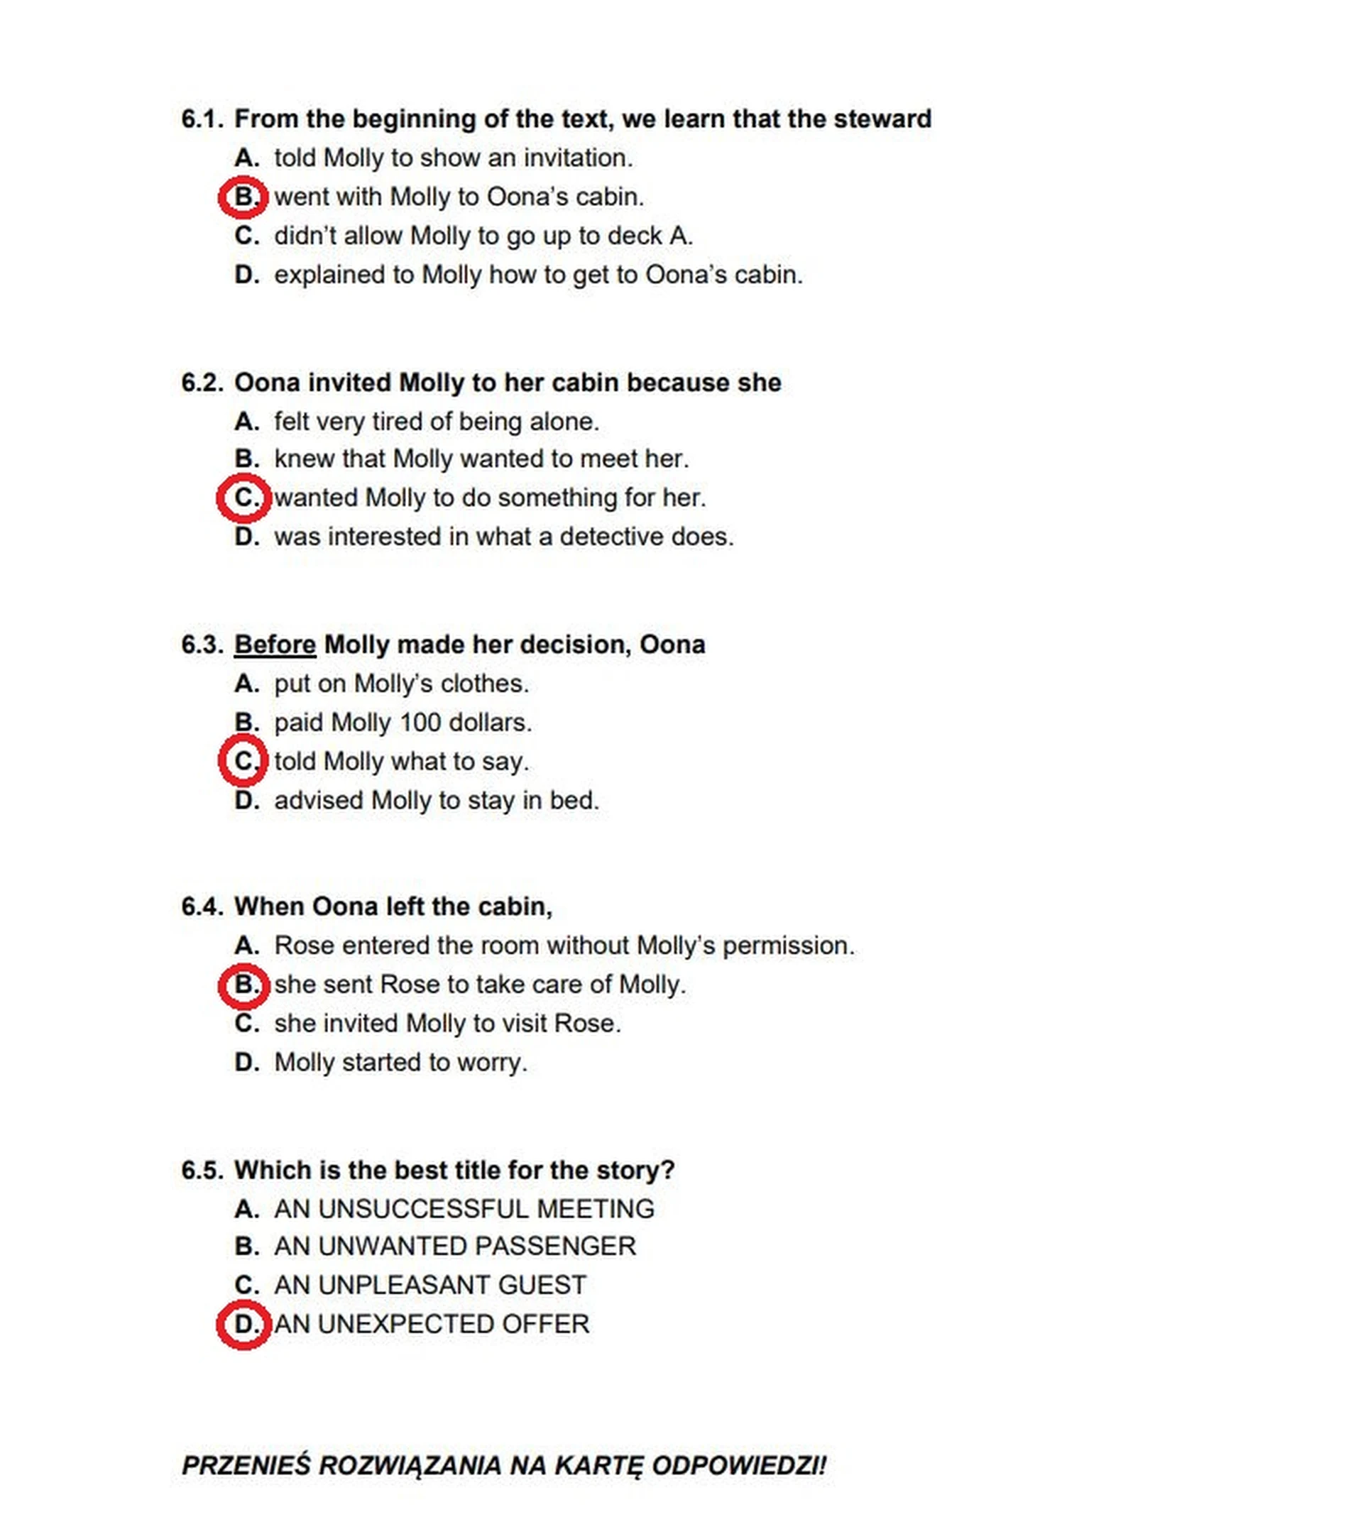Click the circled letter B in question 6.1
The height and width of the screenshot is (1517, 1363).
pos(243,197)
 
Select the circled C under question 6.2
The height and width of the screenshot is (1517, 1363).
pos(243,498)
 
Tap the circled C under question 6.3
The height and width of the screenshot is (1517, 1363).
pos(243,761)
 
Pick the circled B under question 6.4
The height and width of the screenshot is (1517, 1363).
pos(243,985)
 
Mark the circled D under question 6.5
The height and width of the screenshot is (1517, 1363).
pos(243,1325)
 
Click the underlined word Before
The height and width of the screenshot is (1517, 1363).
pos(275,645)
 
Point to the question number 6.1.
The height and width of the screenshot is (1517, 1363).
pos(202,119)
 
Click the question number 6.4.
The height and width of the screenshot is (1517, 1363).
pos(202,907)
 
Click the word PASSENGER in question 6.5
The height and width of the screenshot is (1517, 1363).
pos(554,1247)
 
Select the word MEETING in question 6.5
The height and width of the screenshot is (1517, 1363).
pos(596,1209)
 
